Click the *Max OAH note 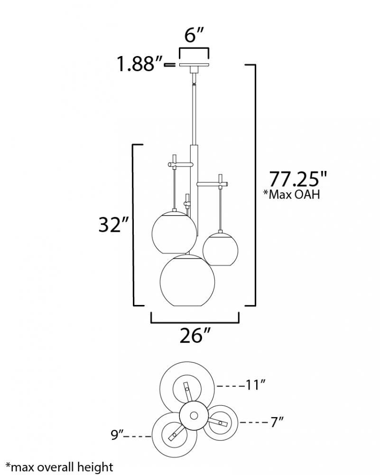point(291,194)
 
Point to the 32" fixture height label point(114,225)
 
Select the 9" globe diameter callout point(117,435)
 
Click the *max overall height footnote point(59,467)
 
